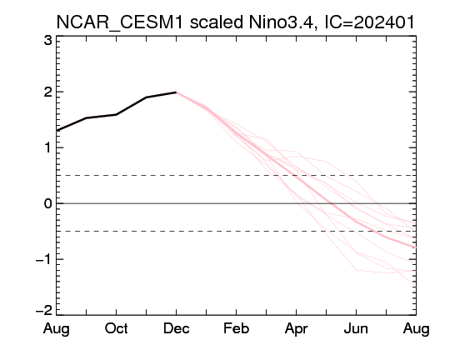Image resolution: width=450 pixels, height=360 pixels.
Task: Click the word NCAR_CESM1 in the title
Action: click(x=119, y=22)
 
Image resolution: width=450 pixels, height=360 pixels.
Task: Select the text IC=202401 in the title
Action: click(x=369, y=22)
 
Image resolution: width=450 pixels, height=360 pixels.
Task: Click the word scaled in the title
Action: click(x=217, y=22)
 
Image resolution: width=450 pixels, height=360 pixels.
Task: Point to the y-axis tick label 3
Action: click(x=48, y=41)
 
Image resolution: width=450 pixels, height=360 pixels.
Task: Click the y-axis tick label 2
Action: click(x=48, y=92)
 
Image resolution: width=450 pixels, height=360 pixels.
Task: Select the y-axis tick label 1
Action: click(x=48, y=147)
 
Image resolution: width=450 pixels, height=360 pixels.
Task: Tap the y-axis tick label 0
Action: click(x=48, y=204)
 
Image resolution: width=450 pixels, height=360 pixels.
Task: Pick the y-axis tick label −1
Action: click(x=44, y=260)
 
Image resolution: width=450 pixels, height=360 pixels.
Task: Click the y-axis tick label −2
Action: click(x=44, y=310)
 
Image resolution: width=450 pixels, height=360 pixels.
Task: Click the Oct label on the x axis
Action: click(x=116, y=328)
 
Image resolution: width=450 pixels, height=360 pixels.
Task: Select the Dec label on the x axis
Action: click(x=176, y=328)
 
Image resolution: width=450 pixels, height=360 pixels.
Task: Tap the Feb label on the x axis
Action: click(x=236, y=328)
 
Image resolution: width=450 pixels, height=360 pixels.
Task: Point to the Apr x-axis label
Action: click(x=296, y=329)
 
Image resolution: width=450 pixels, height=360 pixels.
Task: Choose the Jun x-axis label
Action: click(x=356, y=328)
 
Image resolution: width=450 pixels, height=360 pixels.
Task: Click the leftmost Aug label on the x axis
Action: click(x=57, y=329)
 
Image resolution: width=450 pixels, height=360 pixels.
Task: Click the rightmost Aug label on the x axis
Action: click(x=416, y=329)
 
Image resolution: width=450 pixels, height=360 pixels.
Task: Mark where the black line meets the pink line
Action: click(x=176, y=92)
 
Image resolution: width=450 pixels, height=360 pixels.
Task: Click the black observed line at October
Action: click(x=116, y=114)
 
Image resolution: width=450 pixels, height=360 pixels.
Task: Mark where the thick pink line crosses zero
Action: click(x=332, y=203)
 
